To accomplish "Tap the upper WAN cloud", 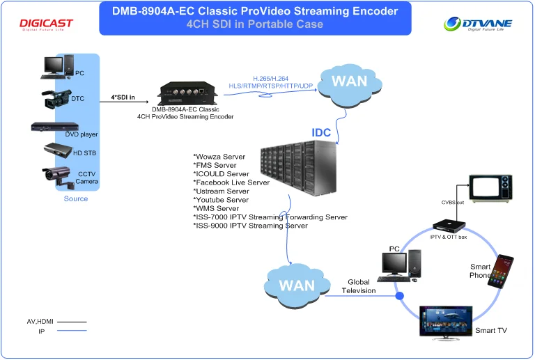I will coord(348,80).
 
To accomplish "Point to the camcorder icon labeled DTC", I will coord(54,97).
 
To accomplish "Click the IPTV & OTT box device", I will coord(448,226).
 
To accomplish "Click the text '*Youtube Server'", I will coord(221,199).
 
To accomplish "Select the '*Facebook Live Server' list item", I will coord(231,182).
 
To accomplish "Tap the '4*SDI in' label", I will coord(123,97).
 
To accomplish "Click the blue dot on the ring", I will coord(400,297).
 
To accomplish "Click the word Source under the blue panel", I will coord(75,199).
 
